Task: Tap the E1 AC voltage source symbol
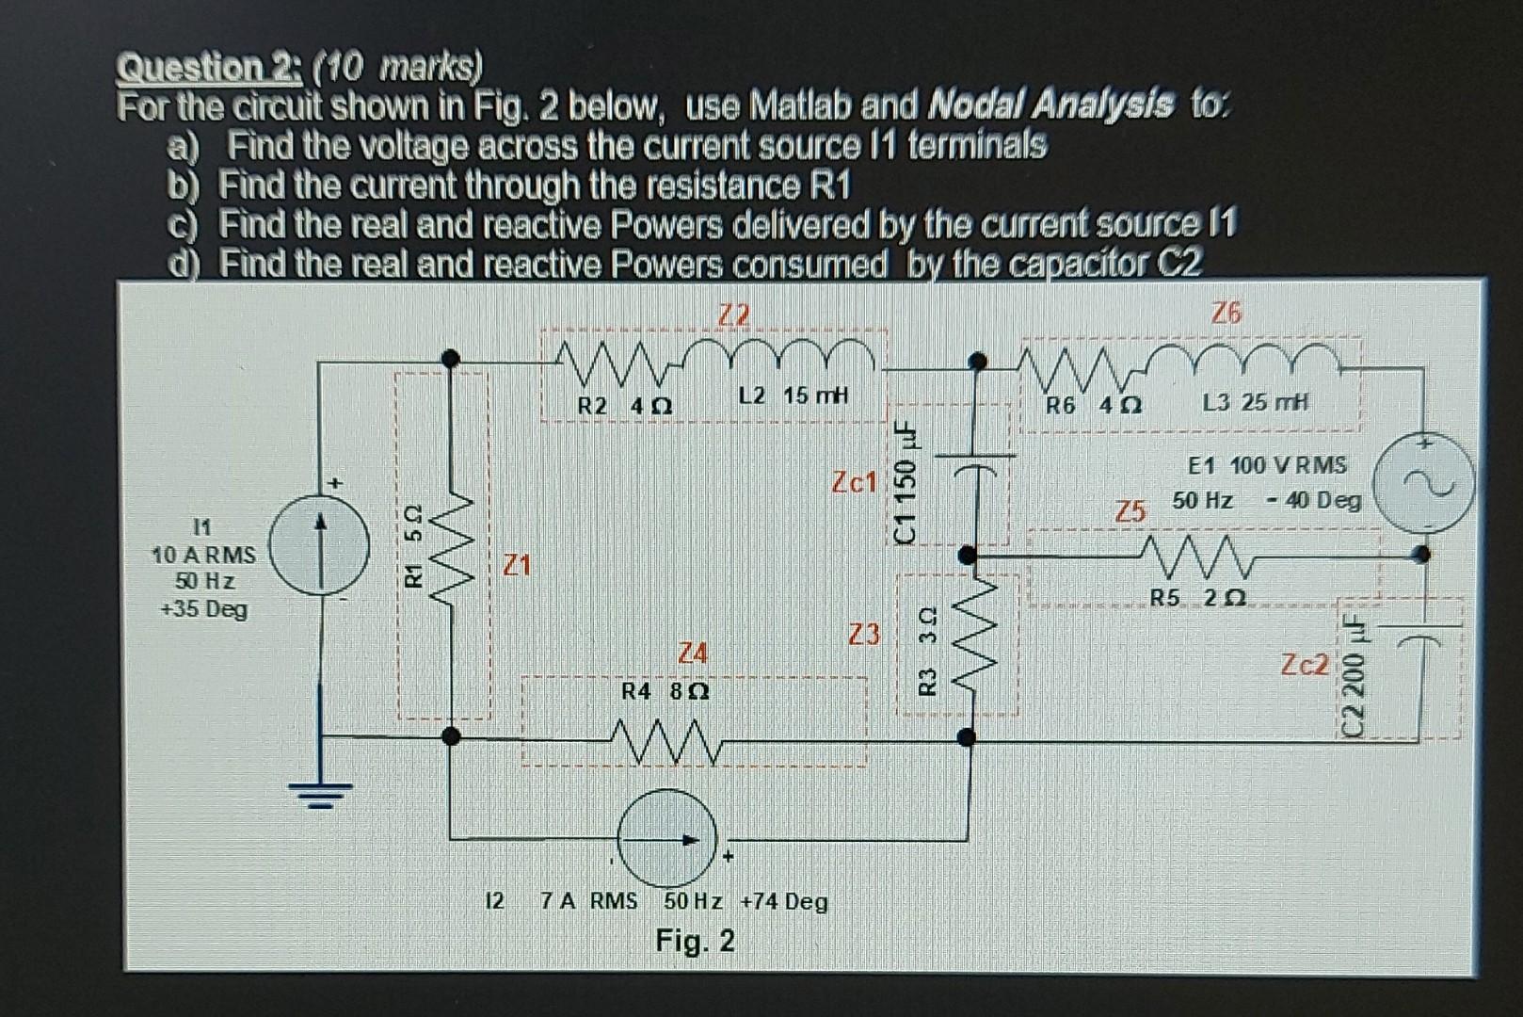point(1422,482)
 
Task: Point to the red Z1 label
point(516,565)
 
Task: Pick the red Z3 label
point(864,635)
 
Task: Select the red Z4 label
point(693,653)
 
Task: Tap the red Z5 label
point(1130,511)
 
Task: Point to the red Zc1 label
point(854,483)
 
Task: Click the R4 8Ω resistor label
point(666,691)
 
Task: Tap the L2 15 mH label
point(794,395)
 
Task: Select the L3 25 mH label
point(1256,403)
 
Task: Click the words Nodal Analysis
point(1050,105)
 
